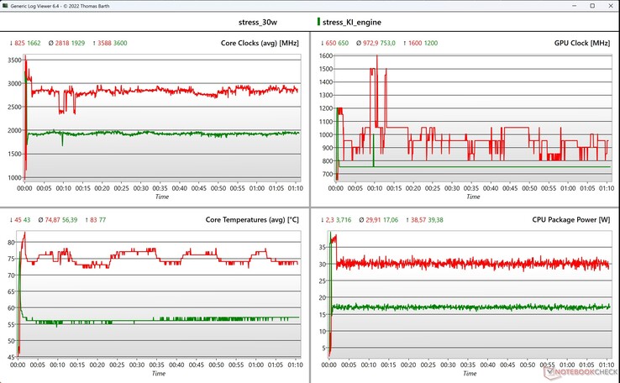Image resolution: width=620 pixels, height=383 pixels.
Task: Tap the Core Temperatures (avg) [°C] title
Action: (x=253, y=220)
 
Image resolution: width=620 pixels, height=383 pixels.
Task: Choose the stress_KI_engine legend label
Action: (x=349, y=23)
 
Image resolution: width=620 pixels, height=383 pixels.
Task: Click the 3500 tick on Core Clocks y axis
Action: (x=14, y=60)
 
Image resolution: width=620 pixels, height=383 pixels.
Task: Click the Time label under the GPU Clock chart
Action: (x=472, y=197)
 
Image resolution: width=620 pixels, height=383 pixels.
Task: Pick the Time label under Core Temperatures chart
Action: (x=160, y=375)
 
